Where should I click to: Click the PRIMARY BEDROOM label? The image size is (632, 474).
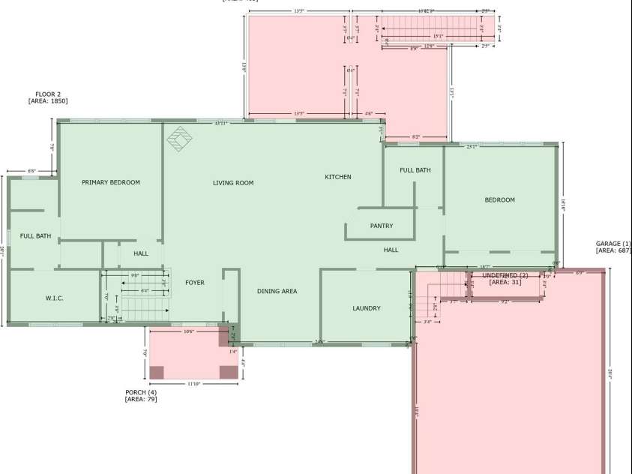(x=111, y=182)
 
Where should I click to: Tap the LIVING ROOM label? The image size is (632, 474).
(x=233, y=183)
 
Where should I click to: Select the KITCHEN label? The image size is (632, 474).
(x=338, y=177)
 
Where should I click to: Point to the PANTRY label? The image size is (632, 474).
(x=382, y=226)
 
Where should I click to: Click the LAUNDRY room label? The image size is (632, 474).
(x=367, y=308)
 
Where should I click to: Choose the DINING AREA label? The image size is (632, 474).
(x=277, y=291)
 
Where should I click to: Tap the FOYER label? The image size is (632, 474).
(x=195, y=283)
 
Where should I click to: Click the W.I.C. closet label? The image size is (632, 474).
(x=55, y=298)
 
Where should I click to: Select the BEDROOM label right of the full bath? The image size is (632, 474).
(x=500, y=200)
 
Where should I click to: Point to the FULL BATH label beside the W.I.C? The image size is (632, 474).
(x=36, y=236)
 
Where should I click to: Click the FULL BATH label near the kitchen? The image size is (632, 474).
(x=415, y=170)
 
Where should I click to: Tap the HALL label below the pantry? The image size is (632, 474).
(x=391, y=250)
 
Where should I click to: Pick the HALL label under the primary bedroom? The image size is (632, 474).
(x=141, y=253)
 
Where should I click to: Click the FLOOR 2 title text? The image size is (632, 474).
(x=48, y=94)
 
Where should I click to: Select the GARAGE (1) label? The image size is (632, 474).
(x=613, y=244)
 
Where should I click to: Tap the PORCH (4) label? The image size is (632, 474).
(x=141, y=392)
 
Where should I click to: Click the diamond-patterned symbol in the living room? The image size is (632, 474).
(x=180, y=139)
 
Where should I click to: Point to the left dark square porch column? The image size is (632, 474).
(x=157, y=372)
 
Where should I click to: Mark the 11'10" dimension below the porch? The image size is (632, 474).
(x=193, y=384)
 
